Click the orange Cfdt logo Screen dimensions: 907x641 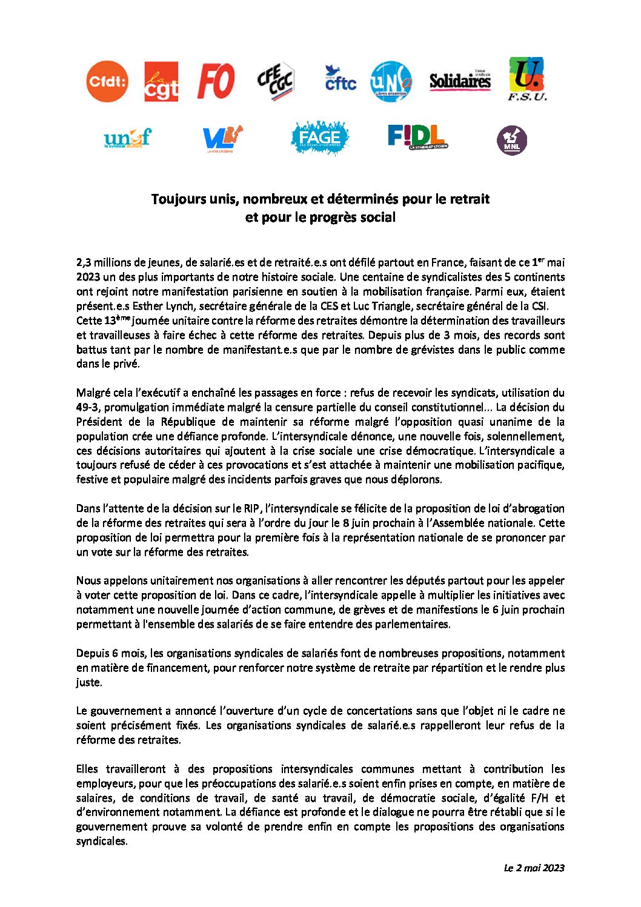(x=107, y=81)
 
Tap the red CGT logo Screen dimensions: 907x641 (x=161, y=81)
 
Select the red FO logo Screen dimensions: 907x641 (x=216, y=81)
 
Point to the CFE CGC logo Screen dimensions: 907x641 (x=276, y=81)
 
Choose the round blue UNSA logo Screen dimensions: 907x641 (x=391, y=81)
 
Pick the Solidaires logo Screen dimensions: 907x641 (x=460, y=81)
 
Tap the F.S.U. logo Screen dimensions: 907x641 (x=526, y=79)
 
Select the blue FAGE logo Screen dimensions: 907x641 (x=319, y=138)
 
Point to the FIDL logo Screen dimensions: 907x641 (x=417, y=137)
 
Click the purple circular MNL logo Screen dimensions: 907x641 (x=511, y=140)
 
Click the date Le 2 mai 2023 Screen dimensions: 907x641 (x=534, y=868)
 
